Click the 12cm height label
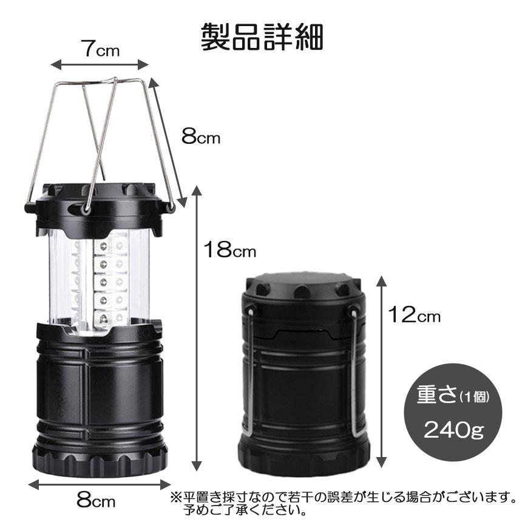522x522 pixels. click(x=415, y=315)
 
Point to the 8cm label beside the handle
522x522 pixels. click(x=201, y=137)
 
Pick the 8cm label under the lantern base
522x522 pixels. click(x=96, y=501)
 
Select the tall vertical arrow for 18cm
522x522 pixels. click(x=196, y=328)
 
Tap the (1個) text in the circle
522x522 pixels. click(x=474, y=398)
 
